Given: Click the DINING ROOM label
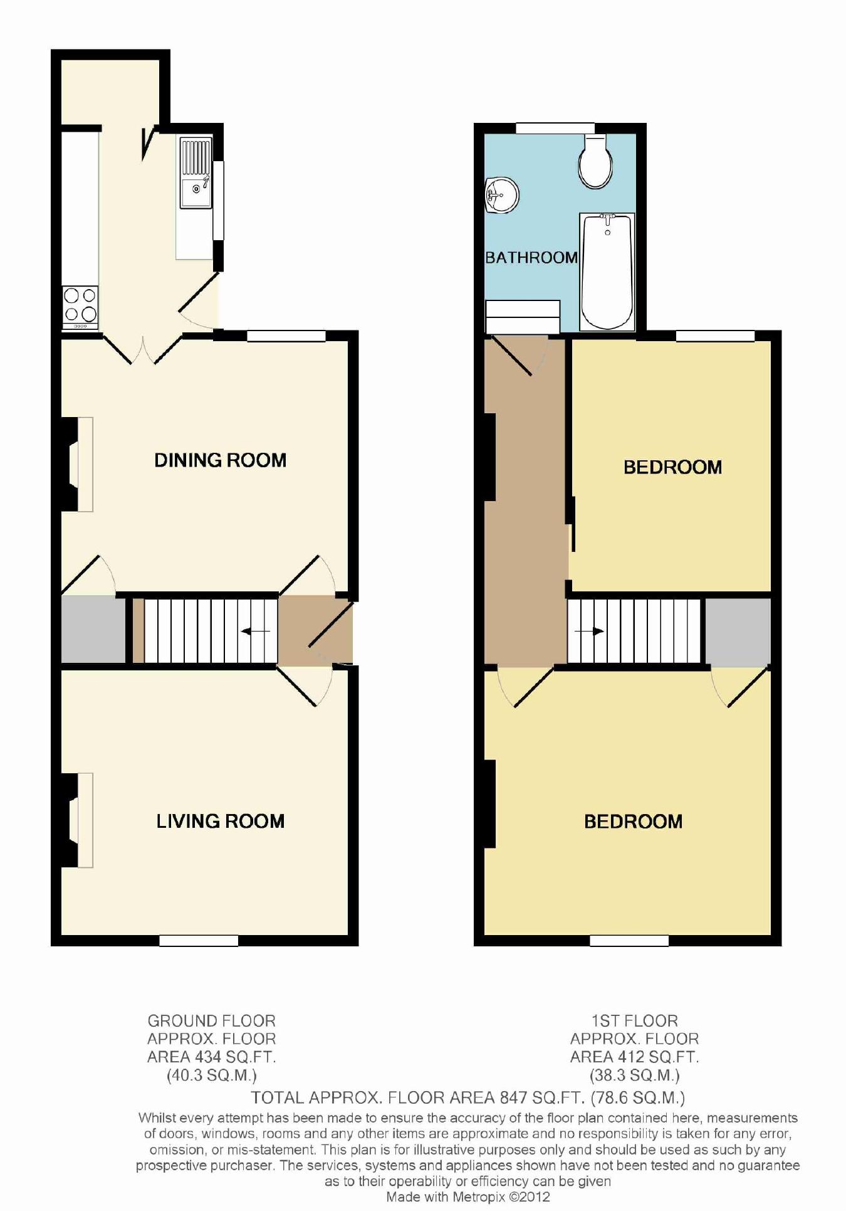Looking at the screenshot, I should (220, 460).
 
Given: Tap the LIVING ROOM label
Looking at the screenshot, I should (220, 821).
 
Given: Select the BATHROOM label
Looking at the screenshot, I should (531, 257).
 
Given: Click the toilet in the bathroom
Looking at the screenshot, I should (595, 162).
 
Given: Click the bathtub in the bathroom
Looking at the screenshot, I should (607, 271).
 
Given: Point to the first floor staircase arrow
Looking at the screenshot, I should (589, 631).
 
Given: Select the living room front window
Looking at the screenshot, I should (199, 940).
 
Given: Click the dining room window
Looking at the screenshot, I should (286, 337).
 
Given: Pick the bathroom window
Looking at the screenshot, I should (555, 129).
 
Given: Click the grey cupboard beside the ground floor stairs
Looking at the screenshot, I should (93, 629).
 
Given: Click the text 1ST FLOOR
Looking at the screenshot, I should (634, 1021).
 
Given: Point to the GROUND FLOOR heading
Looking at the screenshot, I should (211, 1021).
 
